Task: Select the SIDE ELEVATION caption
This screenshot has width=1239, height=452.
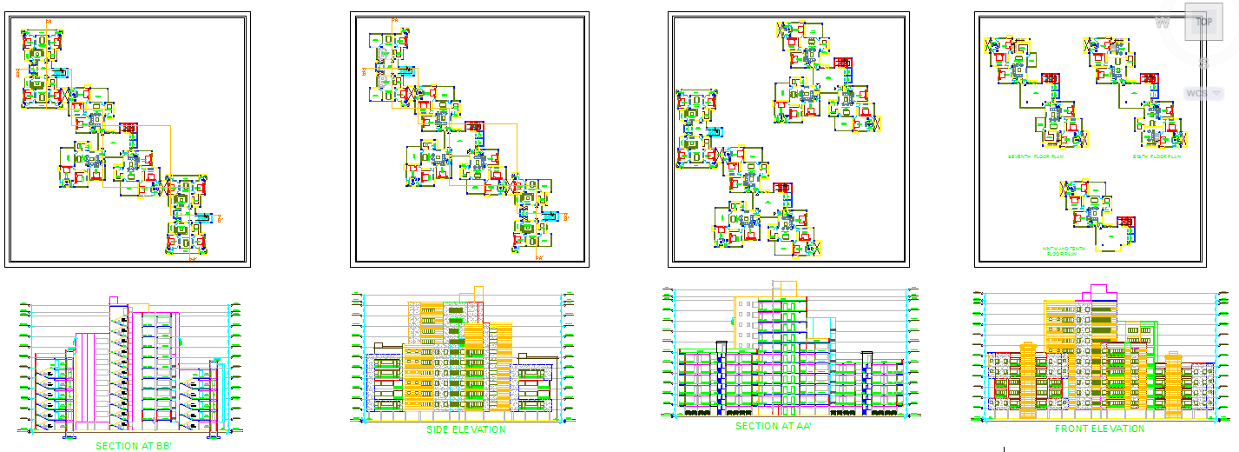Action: [465, 429]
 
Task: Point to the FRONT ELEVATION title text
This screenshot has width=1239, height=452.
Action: [1099, 429]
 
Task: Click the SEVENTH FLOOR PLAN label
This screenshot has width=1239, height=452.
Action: [1035, 157]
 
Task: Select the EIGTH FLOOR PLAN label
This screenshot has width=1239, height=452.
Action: [1157, 157]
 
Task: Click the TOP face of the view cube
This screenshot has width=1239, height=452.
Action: [1203, 23]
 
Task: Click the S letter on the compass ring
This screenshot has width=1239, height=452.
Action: [1203, 63]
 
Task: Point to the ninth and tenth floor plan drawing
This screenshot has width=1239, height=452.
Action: [1096, 213]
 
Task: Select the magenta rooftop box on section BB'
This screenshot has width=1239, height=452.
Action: [113, 301]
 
